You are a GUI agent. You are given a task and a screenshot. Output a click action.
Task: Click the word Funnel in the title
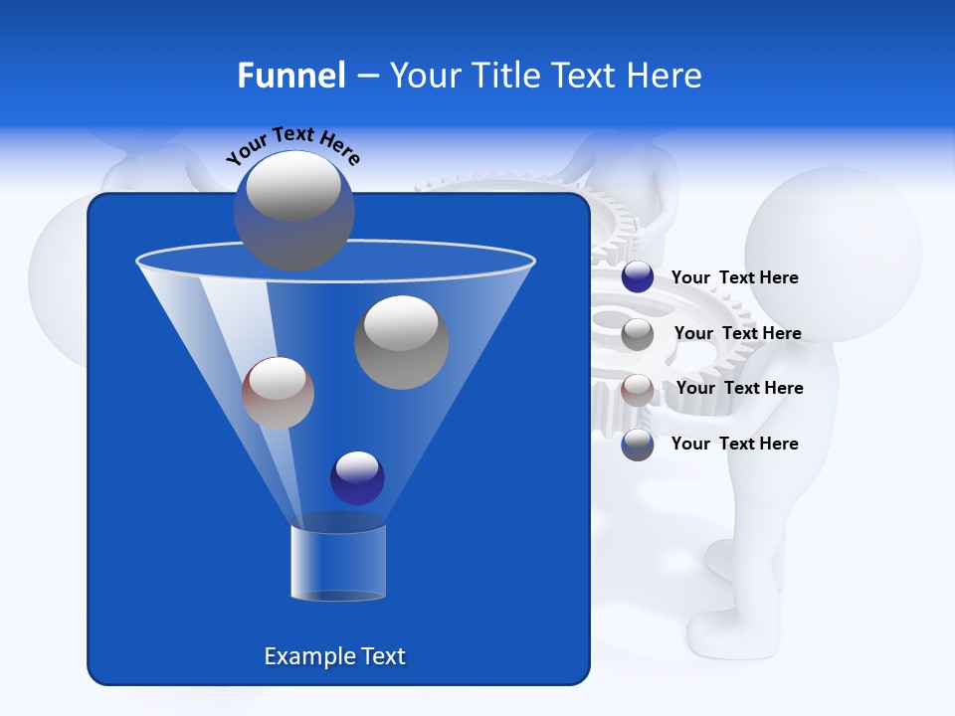(x=290, y=76)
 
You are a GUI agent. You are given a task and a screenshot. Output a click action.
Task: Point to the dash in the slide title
(x=366, y=76)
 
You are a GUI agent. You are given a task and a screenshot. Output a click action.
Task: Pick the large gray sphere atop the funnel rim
(x=293, y=210)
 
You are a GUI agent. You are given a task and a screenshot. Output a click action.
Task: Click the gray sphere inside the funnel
(x=401, y=342)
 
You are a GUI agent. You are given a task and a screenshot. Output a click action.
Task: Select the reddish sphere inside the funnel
(x=278, y=393)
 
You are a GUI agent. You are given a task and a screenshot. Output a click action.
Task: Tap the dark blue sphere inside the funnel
(x=357, y=477)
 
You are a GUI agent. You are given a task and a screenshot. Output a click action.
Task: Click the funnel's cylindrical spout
(x=337, y=562)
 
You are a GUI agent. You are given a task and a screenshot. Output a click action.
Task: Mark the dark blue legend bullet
(x=637, y=277)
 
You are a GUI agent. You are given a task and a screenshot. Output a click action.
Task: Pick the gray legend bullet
(x=637, y=334)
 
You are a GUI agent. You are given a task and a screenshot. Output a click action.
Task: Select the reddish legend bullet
(x=637, y=390)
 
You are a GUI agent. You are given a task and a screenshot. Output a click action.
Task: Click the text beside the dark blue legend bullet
(x=734, y=277)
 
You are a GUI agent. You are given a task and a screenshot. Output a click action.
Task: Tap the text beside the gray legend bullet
(x=737, y=333)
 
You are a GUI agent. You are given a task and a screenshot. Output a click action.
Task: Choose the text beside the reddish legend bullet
(x=739, y=388)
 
